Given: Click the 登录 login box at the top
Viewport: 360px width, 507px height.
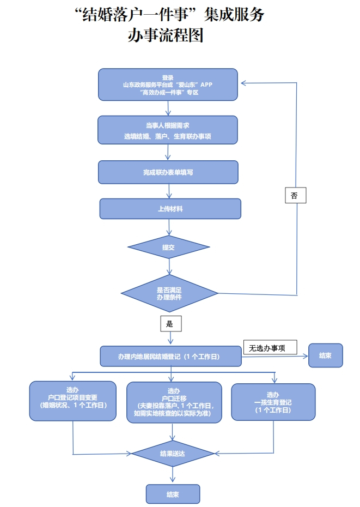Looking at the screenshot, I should click(168, 84).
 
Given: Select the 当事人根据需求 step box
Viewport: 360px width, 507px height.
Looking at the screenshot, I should click(168, 130).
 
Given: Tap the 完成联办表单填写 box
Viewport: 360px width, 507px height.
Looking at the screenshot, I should click(168, 172).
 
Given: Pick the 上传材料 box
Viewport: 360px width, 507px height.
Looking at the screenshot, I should click(170, 209).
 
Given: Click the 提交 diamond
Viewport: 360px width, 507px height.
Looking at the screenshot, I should click(168, 247).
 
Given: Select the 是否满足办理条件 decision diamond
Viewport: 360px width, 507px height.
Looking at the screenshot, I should click(169, 293).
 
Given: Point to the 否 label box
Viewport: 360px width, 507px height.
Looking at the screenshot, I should click(295, 195).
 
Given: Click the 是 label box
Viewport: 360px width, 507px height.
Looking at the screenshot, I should click(170, 324).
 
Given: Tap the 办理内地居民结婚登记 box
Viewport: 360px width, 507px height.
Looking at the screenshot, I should click(171, 357).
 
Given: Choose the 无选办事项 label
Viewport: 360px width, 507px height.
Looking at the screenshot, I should click(270, 347).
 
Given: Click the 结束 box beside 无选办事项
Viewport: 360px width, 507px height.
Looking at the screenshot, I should click(326, 355).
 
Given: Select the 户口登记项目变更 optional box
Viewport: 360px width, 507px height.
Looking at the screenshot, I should click(72, 401).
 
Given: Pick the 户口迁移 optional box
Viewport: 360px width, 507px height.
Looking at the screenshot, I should click(174, 402).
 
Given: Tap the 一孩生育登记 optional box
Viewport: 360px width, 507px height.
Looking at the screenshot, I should click(273, 402).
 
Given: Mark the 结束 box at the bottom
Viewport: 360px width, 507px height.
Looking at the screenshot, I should click(173, 494).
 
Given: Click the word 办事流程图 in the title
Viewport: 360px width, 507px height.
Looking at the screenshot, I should click(165, 36).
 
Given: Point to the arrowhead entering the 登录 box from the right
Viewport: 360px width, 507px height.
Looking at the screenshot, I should click(243, 83).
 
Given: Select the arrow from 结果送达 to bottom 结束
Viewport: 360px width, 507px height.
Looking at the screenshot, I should click(173, 475).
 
